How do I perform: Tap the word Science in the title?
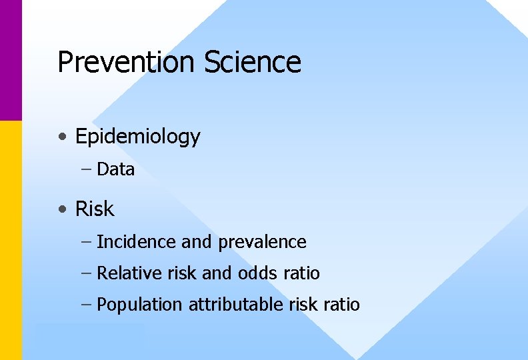tap(253, 62)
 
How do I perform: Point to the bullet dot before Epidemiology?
tap(62, 137)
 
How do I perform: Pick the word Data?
tap(115, 169)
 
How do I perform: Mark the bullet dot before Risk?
tap(62, 209)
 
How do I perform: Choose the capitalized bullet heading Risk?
tap(95, 209)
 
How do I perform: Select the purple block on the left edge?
tap(11, 60)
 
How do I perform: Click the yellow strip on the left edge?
tap(11, 240)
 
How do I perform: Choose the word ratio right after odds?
tap(301, 273)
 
